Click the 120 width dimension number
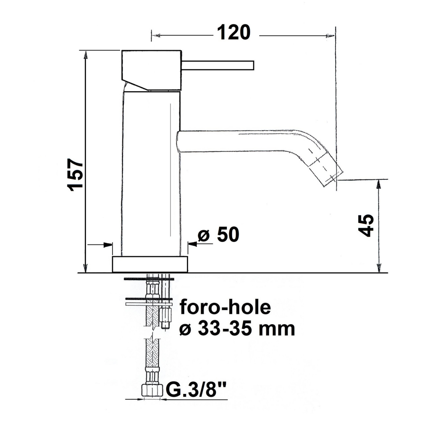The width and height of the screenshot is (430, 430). pos(233,33)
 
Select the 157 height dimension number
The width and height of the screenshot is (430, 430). pos(76,175)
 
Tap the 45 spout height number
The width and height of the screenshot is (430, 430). pos(366,225)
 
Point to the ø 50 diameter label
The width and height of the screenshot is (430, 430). pos(218,235)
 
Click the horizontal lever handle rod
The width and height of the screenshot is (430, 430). pos(218,66)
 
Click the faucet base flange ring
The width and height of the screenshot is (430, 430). pos(150,265)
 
